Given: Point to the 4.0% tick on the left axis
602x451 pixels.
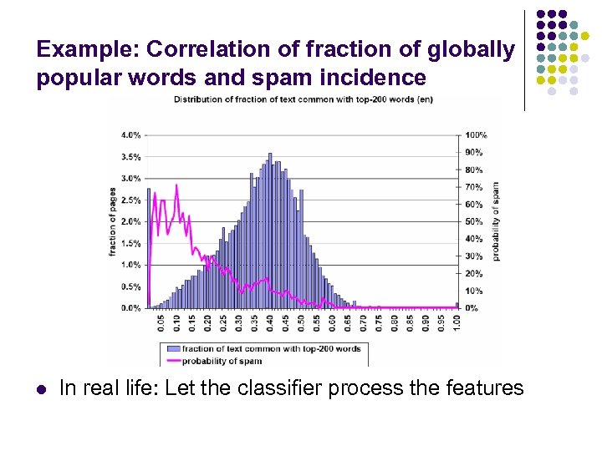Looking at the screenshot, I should (x=131, y=134).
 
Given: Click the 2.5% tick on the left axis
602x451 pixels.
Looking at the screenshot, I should (x=131, y=200).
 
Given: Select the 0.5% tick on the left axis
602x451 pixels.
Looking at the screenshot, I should (x=131, y=286).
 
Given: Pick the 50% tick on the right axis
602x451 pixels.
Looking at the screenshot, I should (x=473, y=221).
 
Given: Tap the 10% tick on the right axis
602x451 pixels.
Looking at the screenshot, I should (x=473, y=291).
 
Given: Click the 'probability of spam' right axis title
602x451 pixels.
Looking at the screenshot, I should (x=495, y=221).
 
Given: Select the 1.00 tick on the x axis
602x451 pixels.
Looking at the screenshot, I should (x=457, y=321).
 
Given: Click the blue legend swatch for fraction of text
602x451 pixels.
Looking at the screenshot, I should (x=172, y=349).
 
